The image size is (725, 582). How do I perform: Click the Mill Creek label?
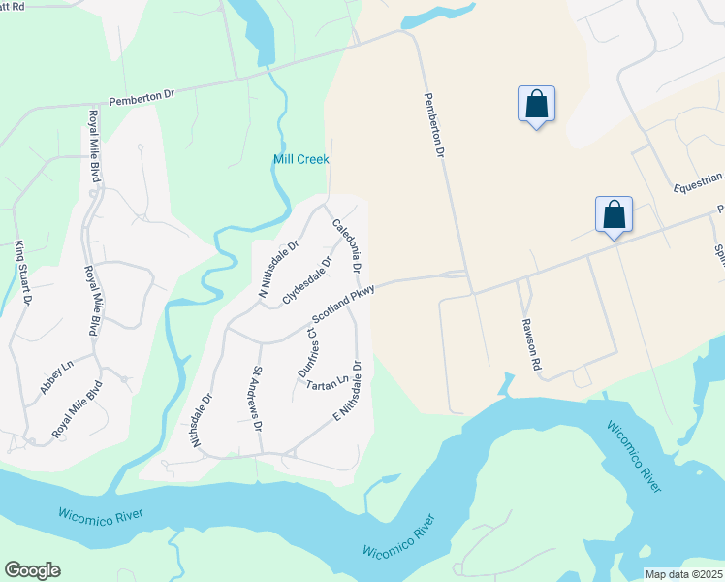pyautogui.click(x=300, y=159)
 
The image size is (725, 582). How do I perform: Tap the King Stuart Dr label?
pyautogui.click(x=22, y=274)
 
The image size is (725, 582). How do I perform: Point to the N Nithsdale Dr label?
pyautogui.click(x=277, y=267)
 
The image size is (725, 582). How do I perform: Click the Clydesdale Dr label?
pyautogui.click(x=307, y=280)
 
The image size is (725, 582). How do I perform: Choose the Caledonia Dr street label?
pyautogui.click(x=348, y=245)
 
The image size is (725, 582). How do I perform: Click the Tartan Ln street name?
pyautogui.click(x=327, y=383)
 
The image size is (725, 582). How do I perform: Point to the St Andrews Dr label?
pyautogui.click(x=257, y=399)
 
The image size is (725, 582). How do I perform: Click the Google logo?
pyautogui.click(x=32, y=570)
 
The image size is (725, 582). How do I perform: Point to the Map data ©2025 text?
pyautogui.click(x=682, y=574)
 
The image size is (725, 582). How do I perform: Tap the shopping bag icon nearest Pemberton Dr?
pyautogui.click(x=536, y=104)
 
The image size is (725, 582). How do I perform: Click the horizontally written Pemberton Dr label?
pyautogui.click(x=141, y=97)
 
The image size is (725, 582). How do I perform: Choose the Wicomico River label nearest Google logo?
pyautogui.click(x=101, y=513)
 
